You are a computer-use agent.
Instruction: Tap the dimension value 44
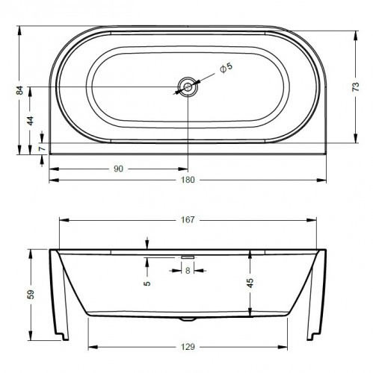(30, 121)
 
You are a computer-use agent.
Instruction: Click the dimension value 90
(118, 169)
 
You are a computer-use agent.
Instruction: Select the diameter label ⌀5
(226, 68)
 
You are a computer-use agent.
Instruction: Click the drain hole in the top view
(188, 88)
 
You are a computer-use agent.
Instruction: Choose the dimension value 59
(31, 294)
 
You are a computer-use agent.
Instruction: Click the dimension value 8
(188, 271)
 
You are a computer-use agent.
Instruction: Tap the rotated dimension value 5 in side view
(147, 283)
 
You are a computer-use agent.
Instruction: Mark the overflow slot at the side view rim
(188, 256)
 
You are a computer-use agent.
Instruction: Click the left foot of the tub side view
(60, 328)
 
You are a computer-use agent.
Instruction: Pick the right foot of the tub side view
(315, 328)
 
